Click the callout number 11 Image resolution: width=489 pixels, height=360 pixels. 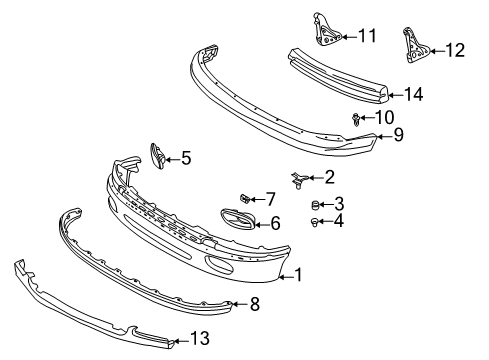367,36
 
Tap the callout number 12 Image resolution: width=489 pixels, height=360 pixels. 455,50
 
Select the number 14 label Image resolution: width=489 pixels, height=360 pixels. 414,94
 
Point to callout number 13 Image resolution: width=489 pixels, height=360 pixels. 200,338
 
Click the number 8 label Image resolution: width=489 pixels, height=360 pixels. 255,304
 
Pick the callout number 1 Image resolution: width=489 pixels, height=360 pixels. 298,274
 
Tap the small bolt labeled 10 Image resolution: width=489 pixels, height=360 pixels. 356,119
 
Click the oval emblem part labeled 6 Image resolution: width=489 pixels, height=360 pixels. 238,220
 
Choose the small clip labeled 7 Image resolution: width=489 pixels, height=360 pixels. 245,199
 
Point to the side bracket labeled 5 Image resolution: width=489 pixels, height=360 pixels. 158,156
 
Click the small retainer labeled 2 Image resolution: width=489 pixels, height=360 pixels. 299,180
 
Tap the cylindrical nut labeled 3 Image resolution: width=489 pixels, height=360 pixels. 315,205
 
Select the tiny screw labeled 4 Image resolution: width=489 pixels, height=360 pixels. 314,222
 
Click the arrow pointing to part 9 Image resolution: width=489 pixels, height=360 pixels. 383,135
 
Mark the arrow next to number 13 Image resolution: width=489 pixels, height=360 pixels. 182,341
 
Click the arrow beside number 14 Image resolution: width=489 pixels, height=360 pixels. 396,95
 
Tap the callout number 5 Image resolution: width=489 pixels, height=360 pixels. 186,158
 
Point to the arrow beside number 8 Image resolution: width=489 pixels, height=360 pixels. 239,304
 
